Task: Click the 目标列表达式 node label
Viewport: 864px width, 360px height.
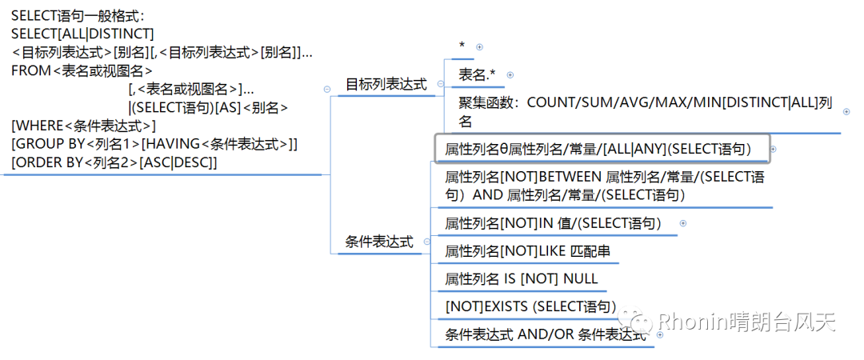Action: pos(386,84)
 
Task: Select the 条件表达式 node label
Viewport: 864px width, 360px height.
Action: pos(379,242)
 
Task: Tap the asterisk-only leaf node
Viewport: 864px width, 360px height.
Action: pos(462,46)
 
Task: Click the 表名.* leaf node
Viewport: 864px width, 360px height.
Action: pos(477,74)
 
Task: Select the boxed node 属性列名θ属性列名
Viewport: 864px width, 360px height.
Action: pos(598,149)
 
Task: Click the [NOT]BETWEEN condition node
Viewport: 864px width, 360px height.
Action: pos(609,186)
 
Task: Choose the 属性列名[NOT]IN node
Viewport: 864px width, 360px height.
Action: pos(553,223)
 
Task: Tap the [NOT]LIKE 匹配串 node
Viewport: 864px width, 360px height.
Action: pos(528,251)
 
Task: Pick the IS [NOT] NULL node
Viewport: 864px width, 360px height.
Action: pos(521,278)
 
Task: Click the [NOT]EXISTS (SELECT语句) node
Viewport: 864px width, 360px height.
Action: pos(530,306)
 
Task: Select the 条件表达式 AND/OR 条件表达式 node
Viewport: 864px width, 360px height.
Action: pos(545,334)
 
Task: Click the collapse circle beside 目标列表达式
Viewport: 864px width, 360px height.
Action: pos(326,90)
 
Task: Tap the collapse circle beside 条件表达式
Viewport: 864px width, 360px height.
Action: pos(426,242)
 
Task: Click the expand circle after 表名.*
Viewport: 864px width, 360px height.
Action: pos(510,74)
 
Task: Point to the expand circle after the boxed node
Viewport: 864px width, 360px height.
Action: pos(773,149)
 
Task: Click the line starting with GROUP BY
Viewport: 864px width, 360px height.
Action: pos(154,144)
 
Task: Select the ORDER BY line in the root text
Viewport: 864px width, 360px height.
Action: pos(114,162)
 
